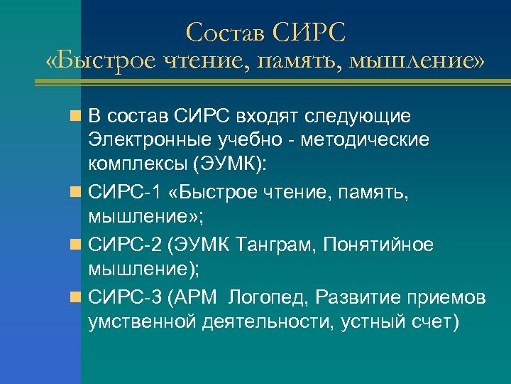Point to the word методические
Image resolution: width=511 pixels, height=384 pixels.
tap(365, 139)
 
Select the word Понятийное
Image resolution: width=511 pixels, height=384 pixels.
tap(378, 245)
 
